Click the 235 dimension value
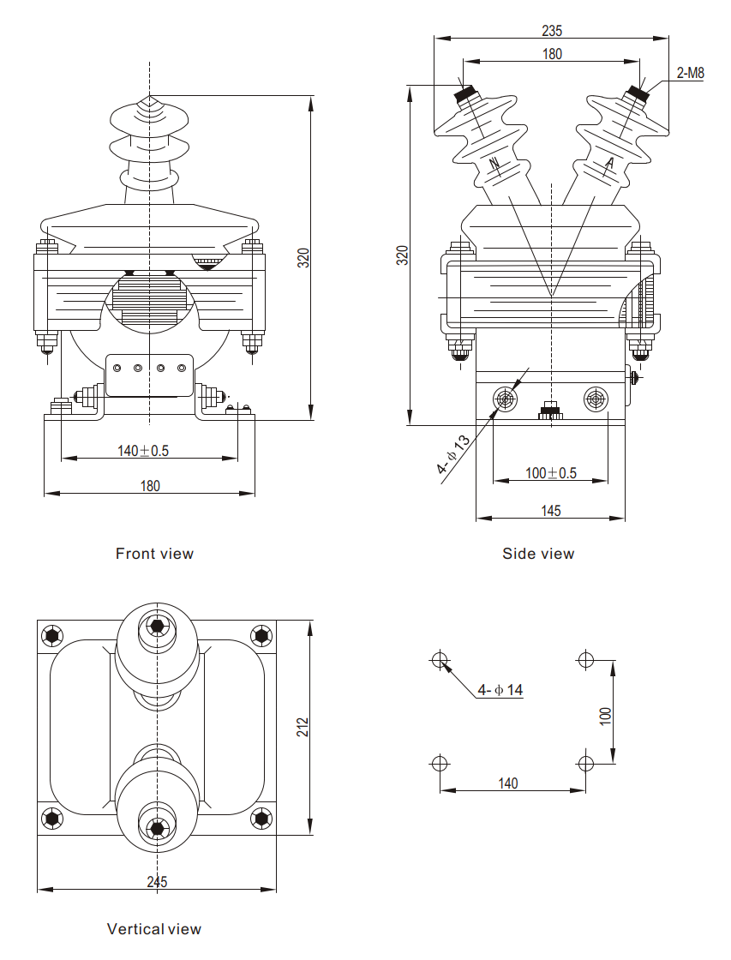click(x=552, y=31)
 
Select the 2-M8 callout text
click(x=689, y=73)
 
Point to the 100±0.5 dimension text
click(x=551, y=473)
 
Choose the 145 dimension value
click(x=551, y=511)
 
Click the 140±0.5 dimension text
click(x=143, y=451)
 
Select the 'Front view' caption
click(x=154, y=554)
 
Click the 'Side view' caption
click(x=538, y=554)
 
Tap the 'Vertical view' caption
click(x=154, y=929)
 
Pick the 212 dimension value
click(x=303, y=727)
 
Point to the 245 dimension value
click(x=157, y=882)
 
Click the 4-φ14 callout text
click(x=500, y=689)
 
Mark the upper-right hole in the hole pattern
click(x=586, y=660)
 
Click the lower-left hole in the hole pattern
click(x=440, y=763)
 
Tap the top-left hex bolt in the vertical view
click(x=53, y=636)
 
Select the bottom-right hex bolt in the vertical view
click(x=261, y=819)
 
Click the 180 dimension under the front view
click(x=150, y=486)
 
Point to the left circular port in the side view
click(x=505, y=399)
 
